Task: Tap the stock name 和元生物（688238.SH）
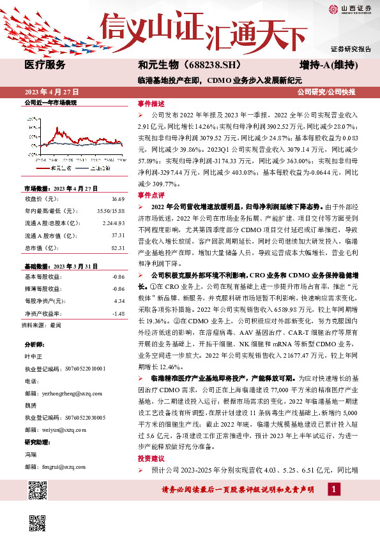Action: pos(180,65)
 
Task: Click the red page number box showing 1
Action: pos(333,489)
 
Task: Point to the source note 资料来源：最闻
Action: pos(42,307)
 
